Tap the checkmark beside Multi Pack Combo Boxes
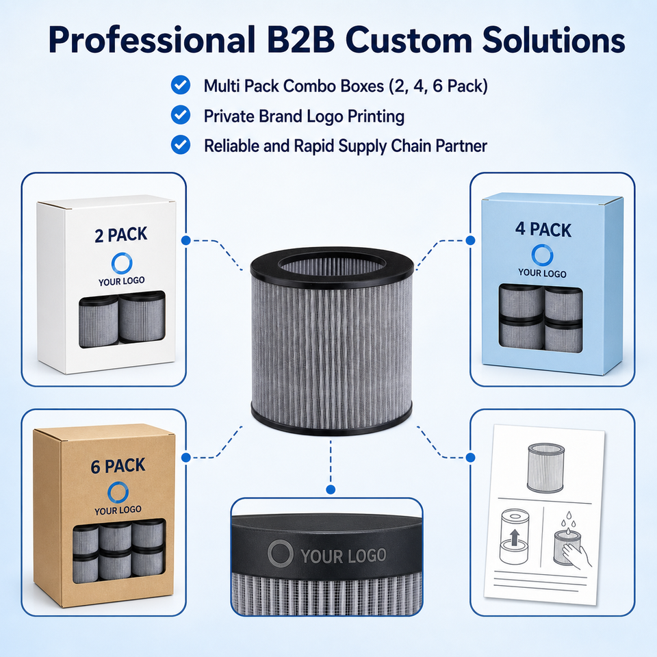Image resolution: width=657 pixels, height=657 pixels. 181,85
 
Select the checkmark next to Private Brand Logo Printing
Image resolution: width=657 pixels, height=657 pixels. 181,115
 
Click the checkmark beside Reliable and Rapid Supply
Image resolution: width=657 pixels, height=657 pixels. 181,145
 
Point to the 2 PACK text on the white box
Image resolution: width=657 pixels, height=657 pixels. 120,235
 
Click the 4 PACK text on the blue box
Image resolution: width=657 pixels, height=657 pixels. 543,230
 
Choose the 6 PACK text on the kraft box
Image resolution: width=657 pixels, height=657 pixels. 118,466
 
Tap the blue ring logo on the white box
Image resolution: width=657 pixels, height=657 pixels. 122,263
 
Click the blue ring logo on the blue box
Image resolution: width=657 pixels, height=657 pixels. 542,255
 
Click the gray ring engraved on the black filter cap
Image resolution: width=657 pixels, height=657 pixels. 280,553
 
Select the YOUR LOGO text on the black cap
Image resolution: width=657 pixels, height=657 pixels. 343,556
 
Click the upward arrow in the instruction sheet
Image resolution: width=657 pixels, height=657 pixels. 515,537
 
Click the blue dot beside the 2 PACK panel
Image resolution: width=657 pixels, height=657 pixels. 186,240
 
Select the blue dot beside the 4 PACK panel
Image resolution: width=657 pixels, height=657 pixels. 470,240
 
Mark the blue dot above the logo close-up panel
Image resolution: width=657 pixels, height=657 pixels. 331,489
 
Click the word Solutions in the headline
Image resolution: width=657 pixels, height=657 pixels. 553,40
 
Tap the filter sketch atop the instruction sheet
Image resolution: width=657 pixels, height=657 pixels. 545,467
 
